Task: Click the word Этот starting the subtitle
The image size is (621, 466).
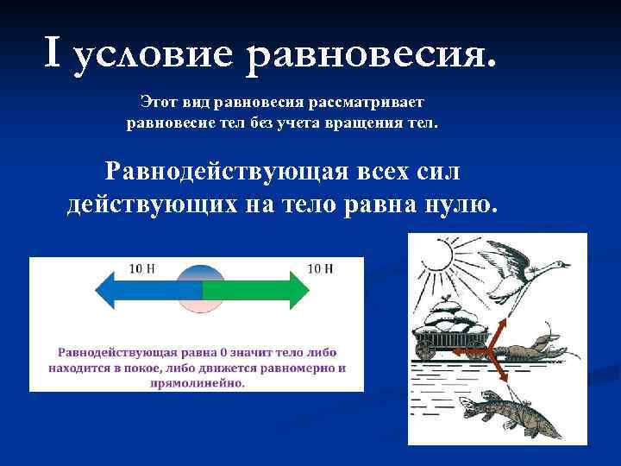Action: click(x=157, y=103)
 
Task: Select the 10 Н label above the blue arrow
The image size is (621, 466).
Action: click(x=142, y=268)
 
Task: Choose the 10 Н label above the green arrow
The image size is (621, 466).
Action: click(x=321, y=268)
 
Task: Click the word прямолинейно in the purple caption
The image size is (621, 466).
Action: click(x=202, y=382)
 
